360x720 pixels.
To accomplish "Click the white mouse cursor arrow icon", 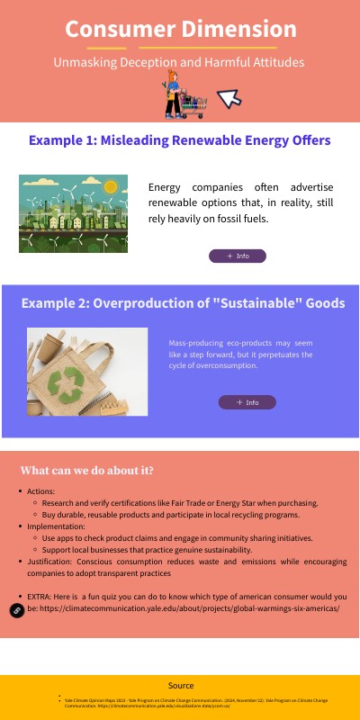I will pos(230,97).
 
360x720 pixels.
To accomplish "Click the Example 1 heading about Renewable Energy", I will pos(180,140).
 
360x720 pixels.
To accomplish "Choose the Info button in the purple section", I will pos(247,402).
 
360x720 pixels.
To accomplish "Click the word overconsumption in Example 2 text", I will pos(223,365).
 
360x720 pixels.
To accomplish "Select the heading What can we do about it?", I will pos(86,471).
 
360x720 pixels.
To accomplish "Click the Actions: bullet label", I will pos(41,490).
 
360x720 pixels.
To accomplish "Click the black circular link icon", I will pos(16,610).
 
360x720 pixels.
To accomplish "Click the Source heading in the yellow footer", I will pos(180,686).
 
